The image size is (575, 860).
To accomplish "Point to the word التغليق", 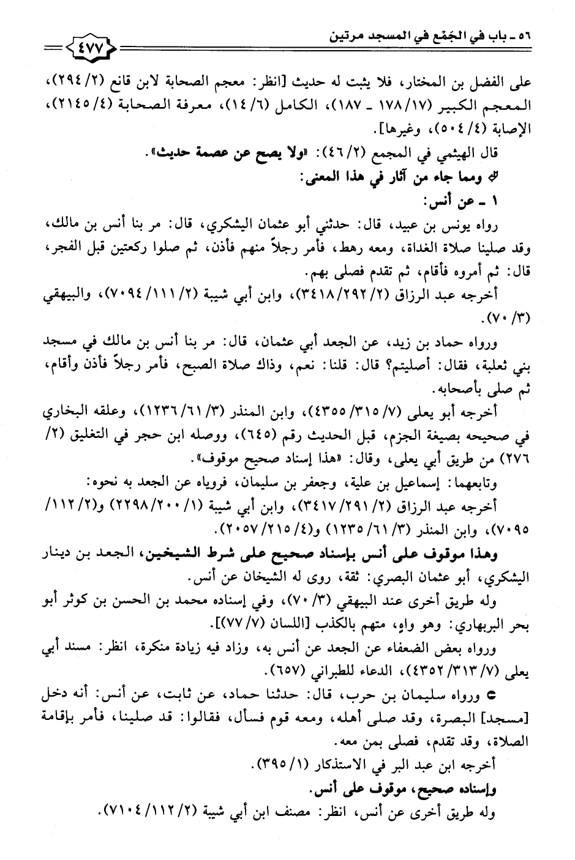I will (x=129, y=422).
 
